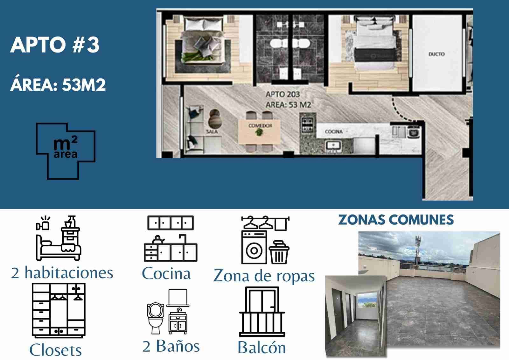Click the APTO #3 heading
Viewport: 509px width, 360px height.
(x=55, y=45)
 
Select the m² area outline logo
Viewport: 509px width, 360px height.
(x=66, y=151)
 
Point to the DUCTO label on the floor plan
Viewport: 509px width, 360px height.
(x=436, y=54)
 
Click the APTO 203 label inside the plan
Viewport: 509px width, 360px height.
(x=283, y=94)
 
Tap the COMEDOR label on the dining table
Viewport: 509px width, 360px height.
(x=261, y=125)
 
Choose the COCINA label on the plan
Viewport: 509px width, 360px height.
(x=334, y=131)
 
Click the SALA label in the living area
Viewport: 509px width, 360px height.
(x=212, y=131)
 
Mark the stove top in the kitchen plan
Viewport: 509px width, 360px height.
(x=307, y=125)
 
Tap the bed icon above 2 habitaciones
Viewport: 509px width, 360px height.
(x=59, y=238)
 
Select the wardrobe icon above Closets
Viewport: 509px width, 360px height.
(x=59, y=310)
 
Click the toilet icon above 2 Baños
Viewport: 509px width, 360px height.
(x=156, y=318)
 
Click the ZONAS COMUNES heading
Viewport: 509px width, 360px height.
(x=396, y=220)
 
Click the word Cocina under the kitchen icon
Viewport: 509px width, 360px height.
(x=166, y=273)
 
